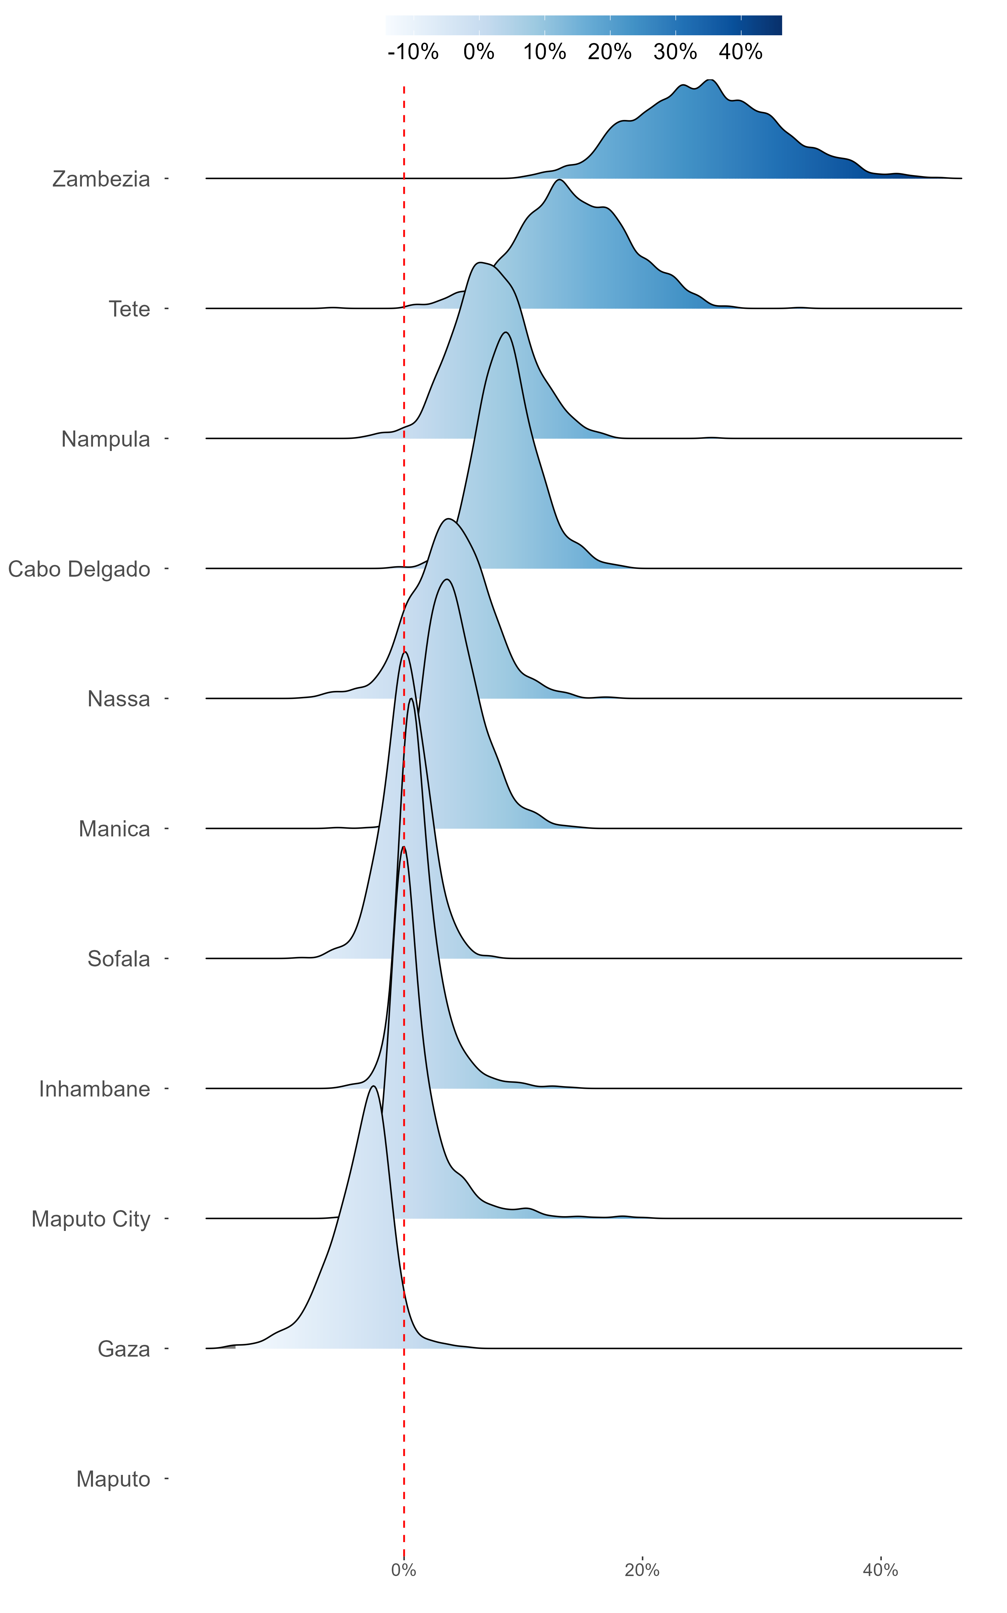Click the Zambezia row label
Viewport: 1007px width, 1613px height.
coord(101,179)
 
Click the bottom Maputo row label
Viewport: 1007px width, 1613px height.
coord(113,1479)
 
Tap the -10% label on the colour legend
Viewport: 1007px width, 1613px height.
coord(413,52)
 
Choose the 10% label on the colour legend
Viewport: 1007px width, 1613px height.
coord(544,52)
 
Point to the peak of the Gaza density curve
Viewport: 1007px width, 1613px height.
coord(374,1087)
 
